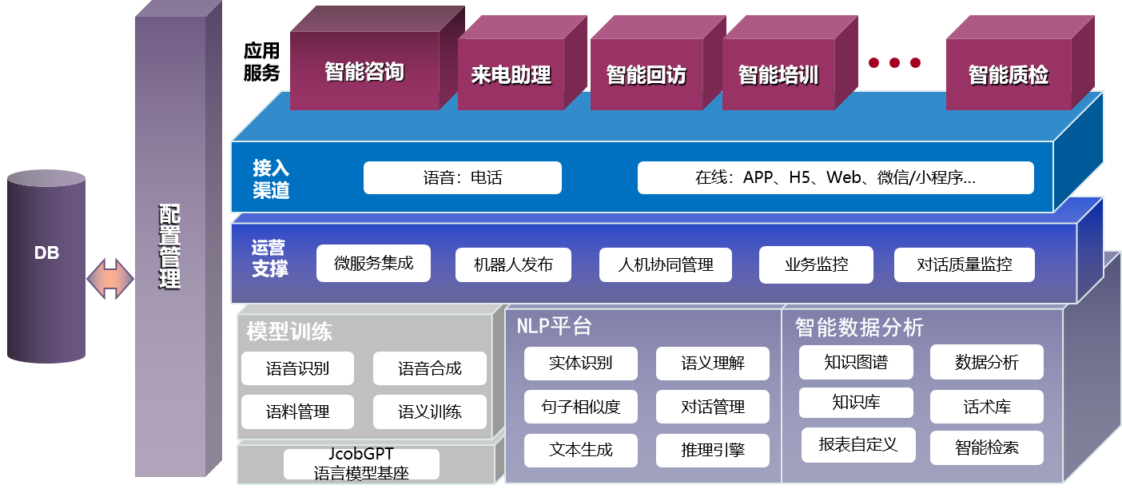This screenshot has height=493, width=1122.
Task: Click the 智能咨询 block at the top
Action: tap(364, 72)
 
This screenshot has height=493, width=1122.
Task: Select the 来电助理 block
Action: tap(511, 75)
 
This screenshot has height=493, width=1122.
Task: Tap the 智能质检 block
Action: tap(1009, 75)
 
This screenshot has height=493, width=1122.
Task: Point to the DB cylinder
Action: tap(46, 267)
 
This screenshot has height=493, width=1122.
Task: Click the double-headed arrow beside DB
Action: tap(110, 279)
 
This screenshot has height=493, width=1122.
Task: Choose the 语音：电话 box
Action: tap(463, 177)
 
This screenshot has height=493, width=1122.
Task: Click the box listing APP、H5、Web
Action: tap(835, 177)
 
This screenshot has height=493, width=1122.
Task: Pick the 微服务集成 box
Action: tap(373, 263)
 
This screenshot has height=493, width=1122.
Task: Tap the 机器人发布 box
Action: tap(513, 264)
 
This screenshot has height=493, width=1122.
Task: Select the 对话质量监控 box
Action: tap(964, 264)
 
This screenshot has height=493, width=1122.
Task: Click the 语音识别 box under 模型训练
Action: tap(297, 368)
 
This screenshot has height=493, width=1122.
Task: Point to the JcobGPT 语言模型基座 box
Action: tap(361, 464)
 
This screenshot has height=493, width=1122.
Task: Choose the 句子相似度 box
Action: tap(580, 407)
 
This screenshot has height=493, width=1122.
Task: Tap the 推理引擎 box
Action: tap(712, 451)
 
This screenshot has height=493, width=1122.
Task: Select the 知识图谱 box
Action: tap(855, 362)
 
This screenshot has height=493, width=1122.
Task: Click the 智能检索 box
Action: tap(986, 447)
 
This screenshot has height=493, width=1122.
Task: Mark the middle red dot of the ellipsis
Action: tap(894, 62)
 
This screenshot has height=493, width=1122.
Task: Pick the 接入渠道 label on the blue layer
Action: tap(271, 179)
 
